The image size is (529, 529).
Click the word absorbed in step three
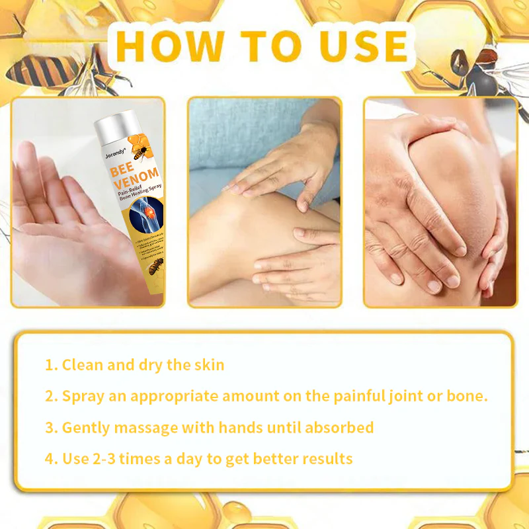pyautogui.click(x=339, y=427)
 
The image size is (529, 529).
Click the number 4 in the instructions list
pyautogui.click(x=50, y=459)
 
